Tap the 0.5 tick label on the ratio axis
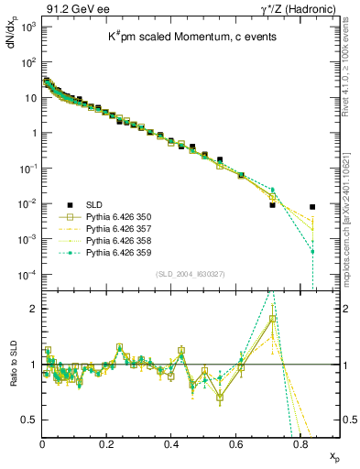[28, 420]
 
